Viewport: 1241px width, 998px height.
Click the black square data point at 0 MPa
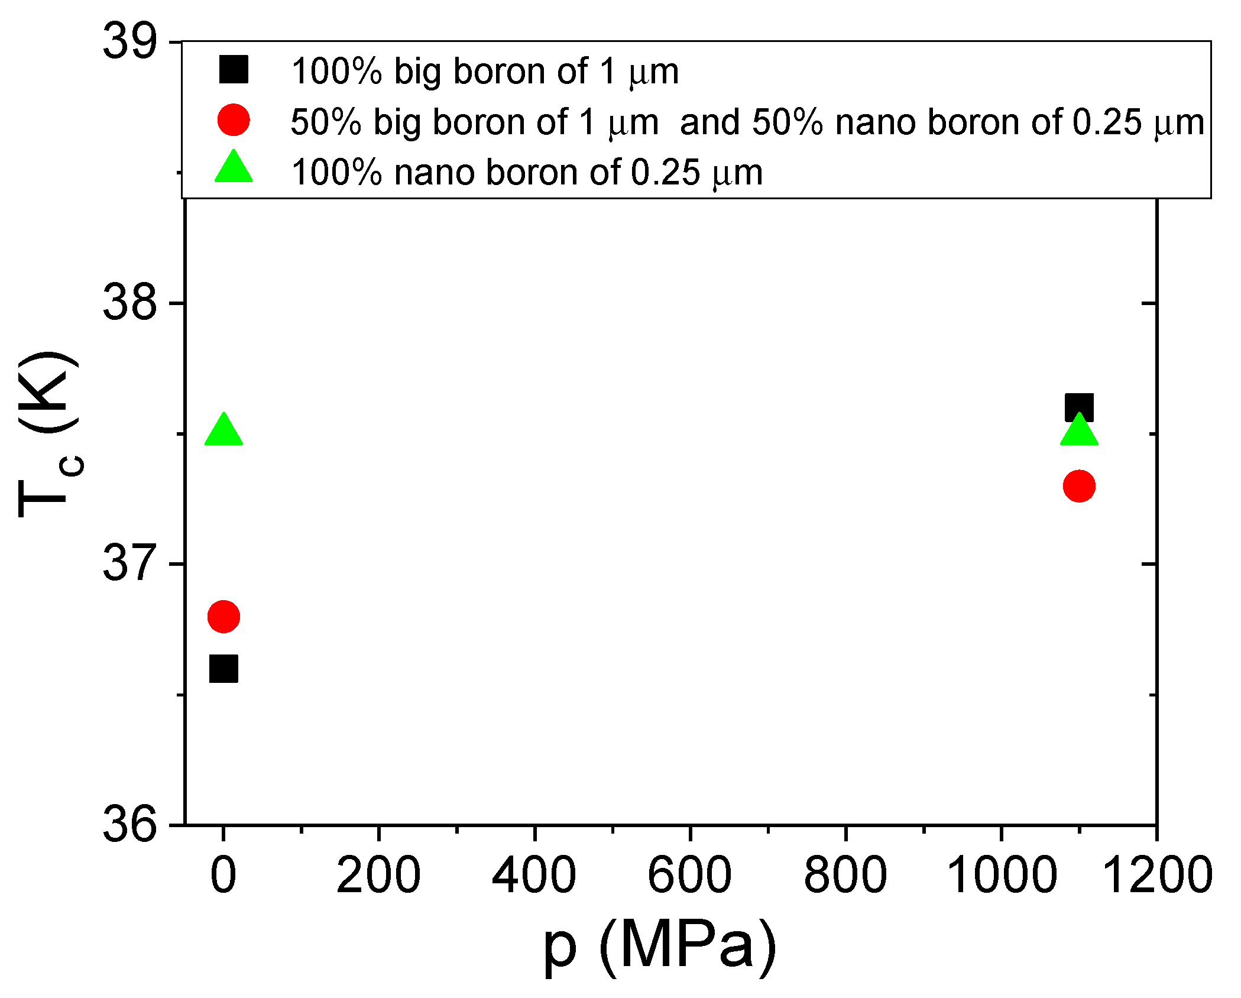click(x=223, y=669)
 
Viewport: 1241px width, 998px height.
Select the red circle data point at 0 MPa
click(x=223, y=617)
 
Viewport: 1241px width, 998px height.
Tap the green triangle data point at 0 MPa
click(x=223, y=432)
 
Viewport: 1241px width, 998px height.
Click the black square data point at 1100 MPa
click(x=1079, y=408)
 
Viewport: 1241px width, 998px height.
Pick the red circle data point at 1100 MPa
click(x=1079, y=486)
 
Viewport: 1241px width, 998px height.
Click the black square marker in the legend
click(x=234, y=69)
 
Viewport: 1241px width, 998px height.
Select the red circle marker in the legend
click(x=234, y=120)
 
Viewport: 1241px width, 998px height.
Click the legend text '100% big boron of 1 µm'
click(x=485, y=72)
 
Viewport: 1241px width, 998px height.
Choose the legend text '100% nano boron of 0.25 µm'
click(x=526, y=173)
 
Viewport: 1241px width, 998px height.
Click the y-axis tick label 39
click(x=130, y=42)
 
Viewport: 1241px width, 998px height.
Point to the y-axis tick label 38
click(x=130, y=303)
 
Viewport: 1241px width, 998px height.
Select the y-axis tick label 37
click(x=130, y=563)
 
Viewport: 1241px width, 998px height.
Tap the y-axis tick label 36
click(x=130, y=824)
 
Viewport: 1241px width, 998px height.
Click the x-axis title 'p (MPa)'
click(x=659, y=947)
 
